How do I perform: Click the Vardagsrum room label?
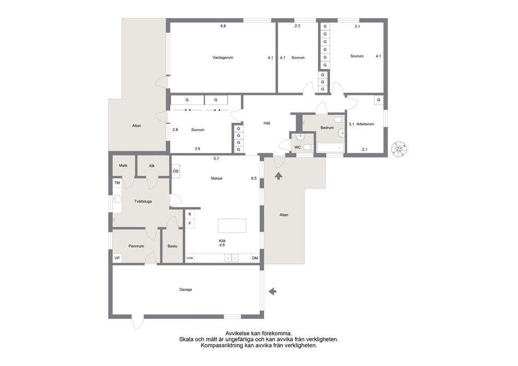tap(222, 57)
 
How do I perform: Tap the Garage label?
tap(186, 289)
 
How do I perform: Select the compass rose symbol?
tap(399, 149)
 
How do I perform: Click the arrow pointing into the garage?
tap(273, 291)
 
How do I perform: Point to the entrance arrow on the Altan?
tap(278, 176)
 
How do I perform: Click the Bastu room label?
tap(172, 246)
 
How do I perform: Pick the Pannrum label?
tap(136, 246)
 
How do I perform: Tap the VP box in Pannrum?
tap(117, 258)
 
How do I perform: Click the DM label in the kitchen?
tap(255, 258)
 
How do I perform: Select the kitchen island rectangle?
tap(232, 226)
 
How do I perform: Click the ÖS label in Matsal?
tap(175, 171)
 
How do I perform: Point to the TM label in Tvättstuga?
tap(117, 183)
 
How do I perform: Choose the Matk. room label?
tap(124, 166)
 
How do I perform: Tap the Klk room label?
tap(152, 166)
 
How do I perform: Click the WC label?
tap(297, 147)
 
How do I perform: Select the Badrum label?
tap(327, 127)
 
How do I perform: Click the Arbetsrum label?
tap(365, 124)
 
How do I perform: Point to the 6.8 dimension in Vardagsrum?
tap(223, 26)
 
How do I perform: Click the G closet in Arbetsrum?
tap(379, 100)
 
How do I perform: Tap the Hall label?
tap(267, 123)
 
